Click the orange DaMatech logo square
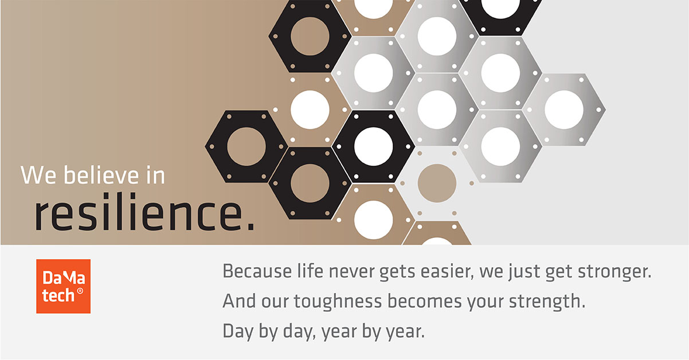click(x=64, y=286)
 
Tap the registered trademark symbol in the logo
click(x=80, y=291)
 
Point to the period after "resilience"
click(x=250, y=226)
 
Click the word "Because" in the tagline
click(x=257, y=271)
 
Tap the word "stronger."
click(x=614, y=272)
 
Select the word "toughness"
click(x=338, y=302)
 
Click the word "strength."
click(x=547, y=302)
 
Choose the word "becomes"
click(x=425, y=301)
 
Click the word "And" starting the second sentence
click(x=239, y=301)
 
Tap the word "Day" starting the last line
click(x=238, y=332)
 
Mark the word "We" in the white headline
click(x=38, y=175)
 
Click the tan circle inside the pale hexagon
click(x=437, y=183)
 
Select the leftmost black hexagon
click(x=246, y=146)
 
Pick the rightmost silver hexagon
click(x=564, y=109)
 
